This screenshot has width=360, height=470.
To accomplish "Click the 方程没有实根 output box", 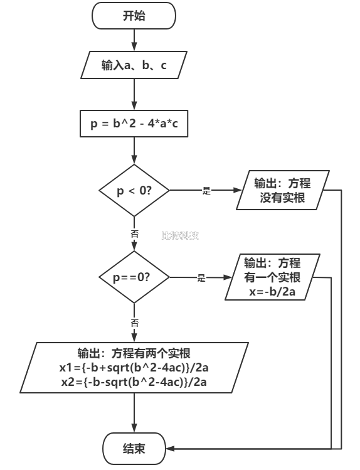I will pyautogui.click(x=282, y=190).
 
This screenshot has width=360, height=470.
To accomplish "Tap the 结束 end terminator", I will pyautogui.click(x=134, y=448).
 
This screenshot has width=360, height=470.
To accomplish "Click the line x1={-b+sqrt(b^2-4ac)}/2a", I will pyautogui.click(x=134, y=367).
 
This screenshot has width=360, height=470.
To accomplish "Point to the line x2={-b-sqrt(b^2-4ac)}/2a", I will pyautogui.click(x=134, y=382).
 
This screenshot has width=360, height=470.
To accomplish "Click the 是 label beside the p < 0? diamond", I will pyautogui.click(x=206, y=191).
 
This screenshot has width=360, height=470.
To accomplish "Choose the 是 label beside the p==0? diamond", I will pyautogui.click(x=201, y=278).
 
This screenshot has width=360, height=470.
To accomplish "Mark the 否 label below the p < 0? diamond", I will pyautogui.click(x=134, y=233).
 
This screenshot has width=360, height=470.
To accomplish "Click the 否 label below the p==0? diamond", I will pyautogui.click(x=134, y=323).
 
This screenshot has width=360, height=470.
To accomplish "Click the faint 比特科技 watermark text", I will pyautogui.click(x=179, y=236).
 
